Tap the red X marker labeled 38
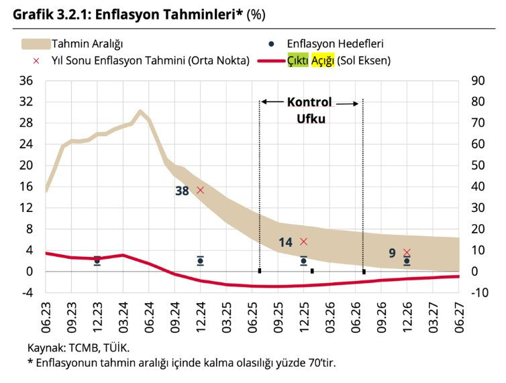point(200,190)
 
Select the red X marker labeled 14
point(303,241)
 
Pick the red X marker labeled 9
point(407,252)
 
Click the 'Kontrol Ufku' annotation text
point(309,110)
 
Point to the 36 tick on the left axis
point(26,80)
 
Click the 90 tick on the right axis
point(478,80)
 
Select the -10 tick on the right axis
point(478,292)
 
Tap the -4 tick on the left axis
point(26,292)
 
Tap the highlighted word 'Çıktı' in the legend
point(298,60)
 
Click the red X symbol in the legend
point(26,60)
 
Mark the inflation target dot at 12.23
point(97,260)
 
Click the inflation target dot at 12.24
point(200,261)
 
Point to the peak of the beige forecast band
point(140,113)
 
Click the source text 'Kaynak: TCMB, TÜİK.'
point(78,348)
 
